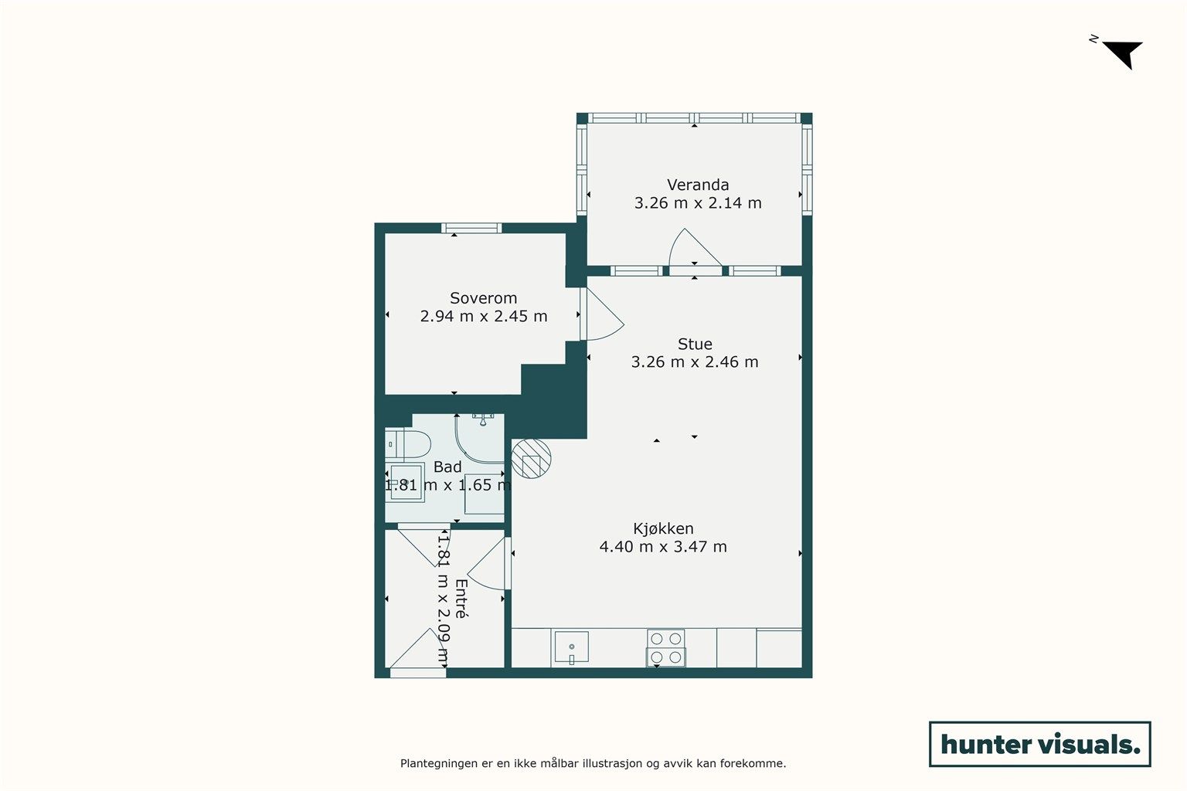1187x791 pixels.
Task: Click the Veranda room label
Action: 697,185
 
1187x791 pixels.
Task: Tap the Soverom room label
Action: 483,298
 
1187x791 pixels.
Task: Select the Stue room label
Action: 694,345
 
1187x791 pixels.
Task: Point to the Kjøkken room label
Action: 663,528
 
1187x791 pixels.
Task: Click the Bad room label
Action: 447,467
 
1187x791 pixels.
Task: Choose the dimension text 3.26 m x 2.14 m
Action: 698,203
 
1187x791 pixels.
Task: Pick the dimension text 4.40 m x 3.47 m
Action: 663,546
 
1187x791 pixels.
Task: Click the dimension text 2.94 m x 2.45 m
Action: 483,316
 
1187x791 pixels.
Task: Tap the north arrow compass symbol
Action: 1121,54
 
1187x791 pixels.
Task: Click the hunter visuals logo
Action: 1039,744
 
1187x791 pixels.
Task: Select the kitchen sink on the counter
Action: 571,647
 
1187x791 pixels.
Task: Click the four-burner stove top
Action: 665,648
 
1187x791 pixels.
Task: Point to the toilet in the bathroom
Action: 407,444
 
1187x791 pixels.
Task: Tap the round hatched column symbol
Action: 531,459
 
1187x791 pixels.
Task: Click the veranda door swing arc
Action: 695,247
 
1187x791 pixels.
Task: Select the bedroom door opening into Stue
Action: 602,314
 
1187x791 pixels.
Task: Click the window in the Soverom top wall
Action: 471,229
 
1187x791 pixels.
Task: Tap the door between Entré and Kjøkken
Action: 488,563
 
